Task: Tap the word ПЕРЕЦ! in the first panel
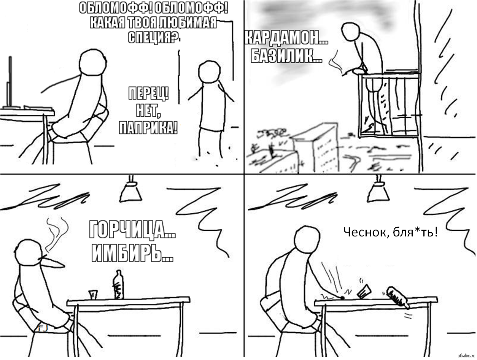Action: (148, 93)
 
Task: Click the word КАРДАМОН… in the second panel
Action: (286, 38)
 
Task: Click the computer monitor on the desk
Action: (9, 82)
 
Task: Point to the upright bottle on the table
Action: (118, 284)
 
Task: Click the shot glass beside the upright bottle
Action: (93, 295)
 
